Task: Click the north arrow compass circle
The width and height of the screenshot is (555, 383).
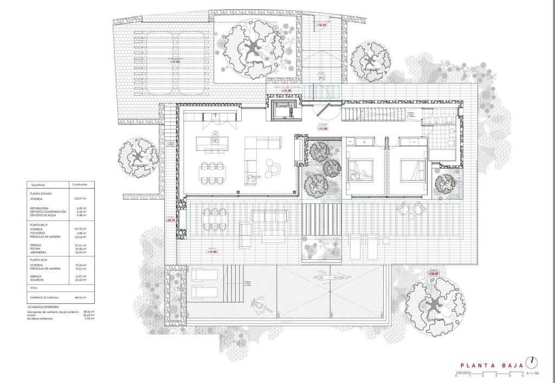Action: [x=534, y=362]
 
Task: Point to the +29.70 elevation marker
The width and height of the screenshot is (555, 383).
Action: [x=170, y=220]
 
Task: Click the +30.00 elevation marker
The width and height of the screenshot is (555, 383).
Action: [x=433, y=274]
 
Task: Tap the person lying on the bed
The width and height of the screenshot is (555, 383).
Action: [x=360, y=175]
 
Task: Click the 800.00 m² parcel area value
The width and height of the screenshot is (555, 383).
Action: [x=81, y=297]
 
